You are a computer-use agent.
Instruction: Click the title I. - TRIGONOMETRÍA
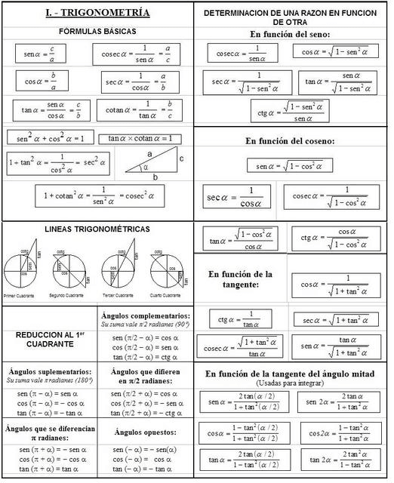[97, 13]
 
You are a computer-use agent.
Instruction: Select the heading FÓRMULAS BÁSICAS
[97, 32]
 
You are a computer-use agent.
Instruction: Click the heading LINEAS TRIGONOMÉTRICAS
[97, 229]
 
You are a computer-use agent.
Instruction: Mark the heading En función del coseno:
[291, 140]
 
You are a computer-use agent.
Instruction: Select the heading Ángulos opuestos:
[145, 432]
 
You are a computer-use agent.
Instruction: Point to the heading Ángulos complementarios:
[145, 315]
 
